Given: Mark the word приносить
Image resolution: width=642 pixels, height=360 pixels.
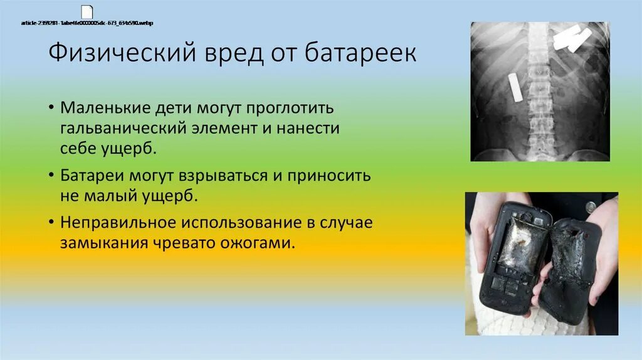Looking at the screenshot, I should coord(330,175).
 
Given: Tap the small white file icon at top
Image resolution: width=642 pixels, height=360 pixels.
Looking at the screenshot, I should coord(87,12).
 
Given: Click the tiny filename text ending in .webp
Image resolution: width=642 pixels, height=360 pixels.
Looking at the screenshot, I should coord(87,23).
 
